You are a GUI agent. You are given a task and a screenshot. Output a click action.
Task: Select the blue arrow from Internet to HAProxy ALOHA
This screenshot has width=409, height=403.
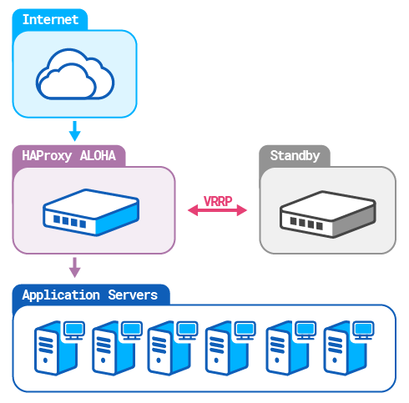(x=74, y=131)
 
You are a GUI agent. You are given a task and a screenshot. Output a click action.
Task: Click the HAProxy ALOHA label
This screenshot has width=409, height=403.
(x=69, y=155)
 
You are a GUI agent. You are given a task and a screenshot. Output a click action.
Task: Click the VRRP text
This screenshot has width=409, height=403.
(x=217, y=201)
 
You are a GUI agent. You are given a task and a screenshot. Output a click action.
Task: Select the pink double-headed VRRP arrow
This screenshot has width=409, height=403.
(x=217, y=212)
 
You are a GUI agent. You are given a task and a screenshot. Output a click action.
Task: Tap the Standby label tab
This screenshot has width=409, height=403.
(x=294, y=155)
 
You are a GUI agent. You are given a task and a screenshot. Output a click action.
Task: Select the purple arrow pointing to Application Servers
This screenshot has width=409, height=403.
(x=74, y=267)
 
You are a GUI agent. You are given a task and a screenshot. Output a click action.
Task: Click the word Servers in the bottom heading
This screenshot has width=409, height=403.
(x=133, y=295)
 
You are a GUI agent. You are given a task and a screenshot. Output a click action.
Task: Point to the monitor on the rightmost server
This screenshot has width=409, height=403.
(x=361, y=330)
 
